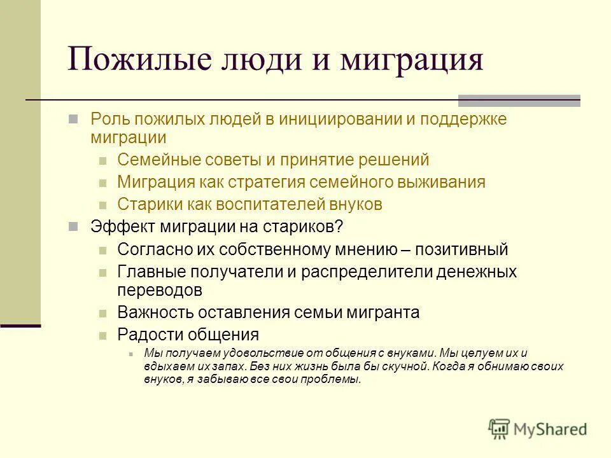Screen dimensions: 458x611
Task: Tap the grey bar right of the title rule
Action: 519,100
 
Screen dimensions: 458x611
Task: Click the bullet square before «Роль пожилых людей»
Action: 73,119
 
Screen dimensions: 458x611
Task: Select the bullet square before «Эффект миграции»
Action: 73,226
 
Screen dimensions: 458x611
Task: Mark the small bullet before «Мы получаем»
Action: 130,354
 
